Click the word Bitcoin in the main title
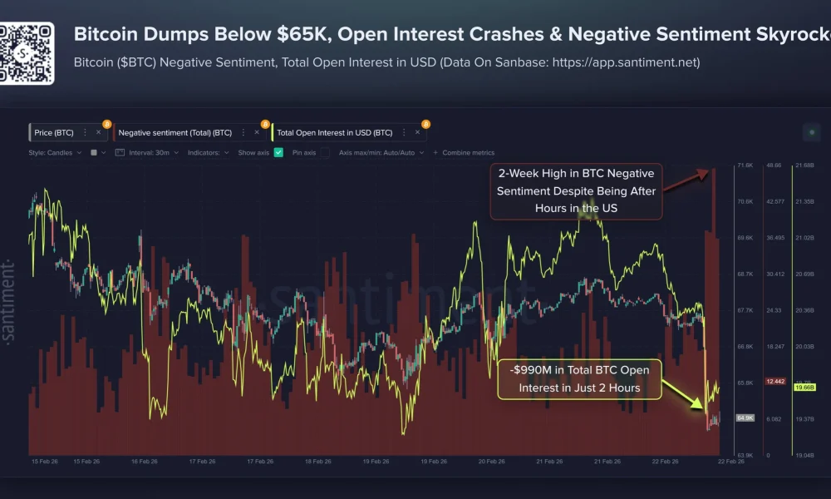(101, 34)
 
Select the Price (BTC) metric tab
(54, 132)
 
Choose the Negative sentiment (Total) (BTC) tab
(175, 132)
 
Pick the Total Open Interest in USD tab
(334, 132)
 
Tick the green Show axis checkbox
(278, 153)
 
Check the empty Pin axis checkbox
(326, 153)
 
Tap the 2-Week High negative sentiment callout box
(576, 191)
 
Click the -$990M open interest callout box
(579, 378)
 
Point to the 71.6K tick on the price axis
(745, 166)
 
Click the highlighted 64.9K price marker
(745, 417)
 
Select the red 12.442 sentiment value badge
(774, 381)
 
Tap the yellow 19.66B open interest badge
(804, 387)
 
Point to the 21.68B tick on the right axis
(804, 166)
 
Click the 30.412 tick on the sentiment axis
(774, 274)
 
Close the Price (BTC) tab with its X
(98, 132)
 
